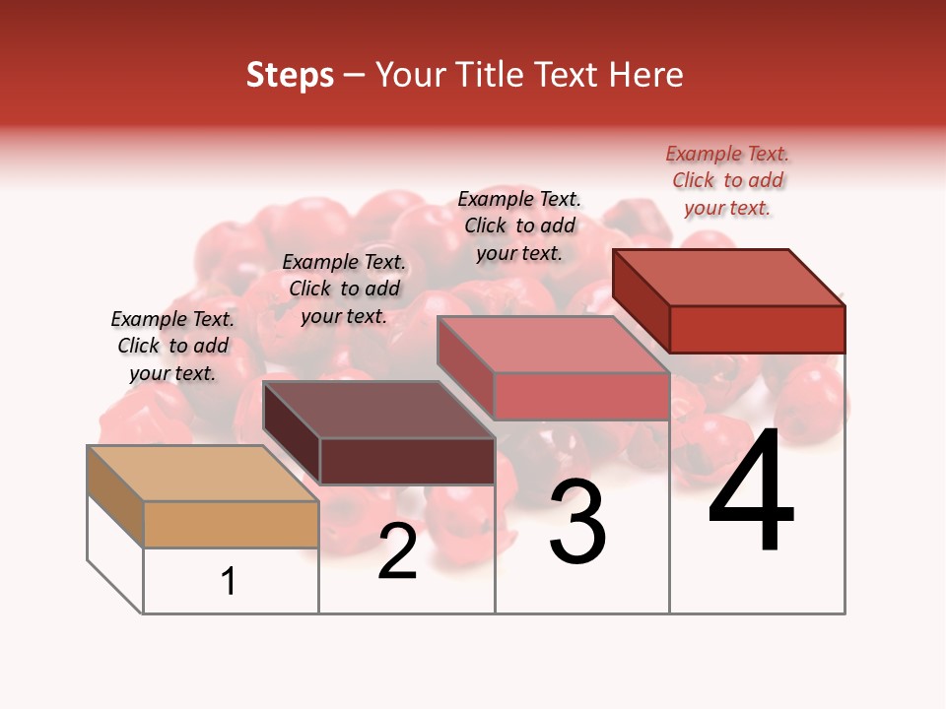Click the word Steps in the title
(290, 75)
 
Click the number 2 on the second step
(397, 551)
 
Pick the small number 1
(229, 581)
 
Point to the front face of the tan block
(231, 524)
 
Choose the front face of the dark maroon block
(406, 461)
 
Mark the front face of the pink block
(581, 396)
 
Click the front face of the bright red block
(757, 329)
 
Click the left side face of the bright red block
(641, 300)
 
